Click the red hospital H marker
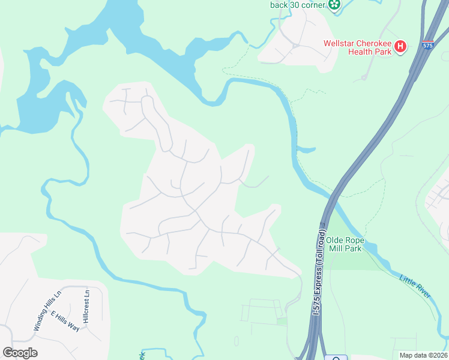(400, 47)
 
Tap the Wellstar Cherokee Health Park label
(358, 47)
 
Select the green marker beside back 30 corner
(334, 5)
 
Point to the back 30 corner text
(297, 5)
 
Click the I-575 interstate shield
(427, 45)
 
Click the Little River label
(415, 286)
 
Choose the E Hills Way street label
(65, 322)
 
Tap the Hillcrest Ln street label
(87, 307)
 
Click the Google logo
(20, 353)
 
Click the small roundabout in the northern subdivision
(295, 45)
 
